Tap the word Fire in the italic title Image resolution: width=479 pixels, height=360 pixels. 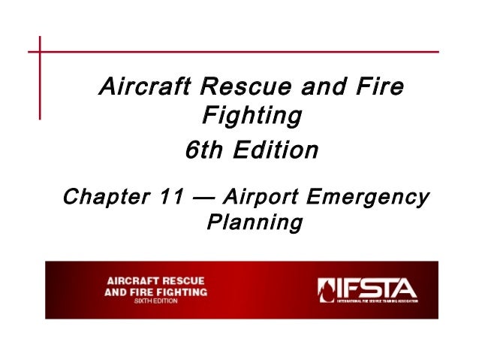(x=378, y=89)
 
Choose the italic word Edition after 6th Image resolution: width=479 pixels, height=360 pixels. (x=276, y=150)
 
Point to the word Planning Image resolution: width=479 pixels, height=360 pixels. (x=253, y=224)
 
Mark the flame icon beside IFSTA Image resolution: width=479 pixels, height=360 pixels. (x=326, y=289)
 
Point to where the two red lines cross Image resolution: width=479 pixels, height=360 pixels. (x=40, y=52)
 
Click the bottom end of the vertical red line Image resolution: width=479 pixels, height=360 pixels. (x=40, y=119)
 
